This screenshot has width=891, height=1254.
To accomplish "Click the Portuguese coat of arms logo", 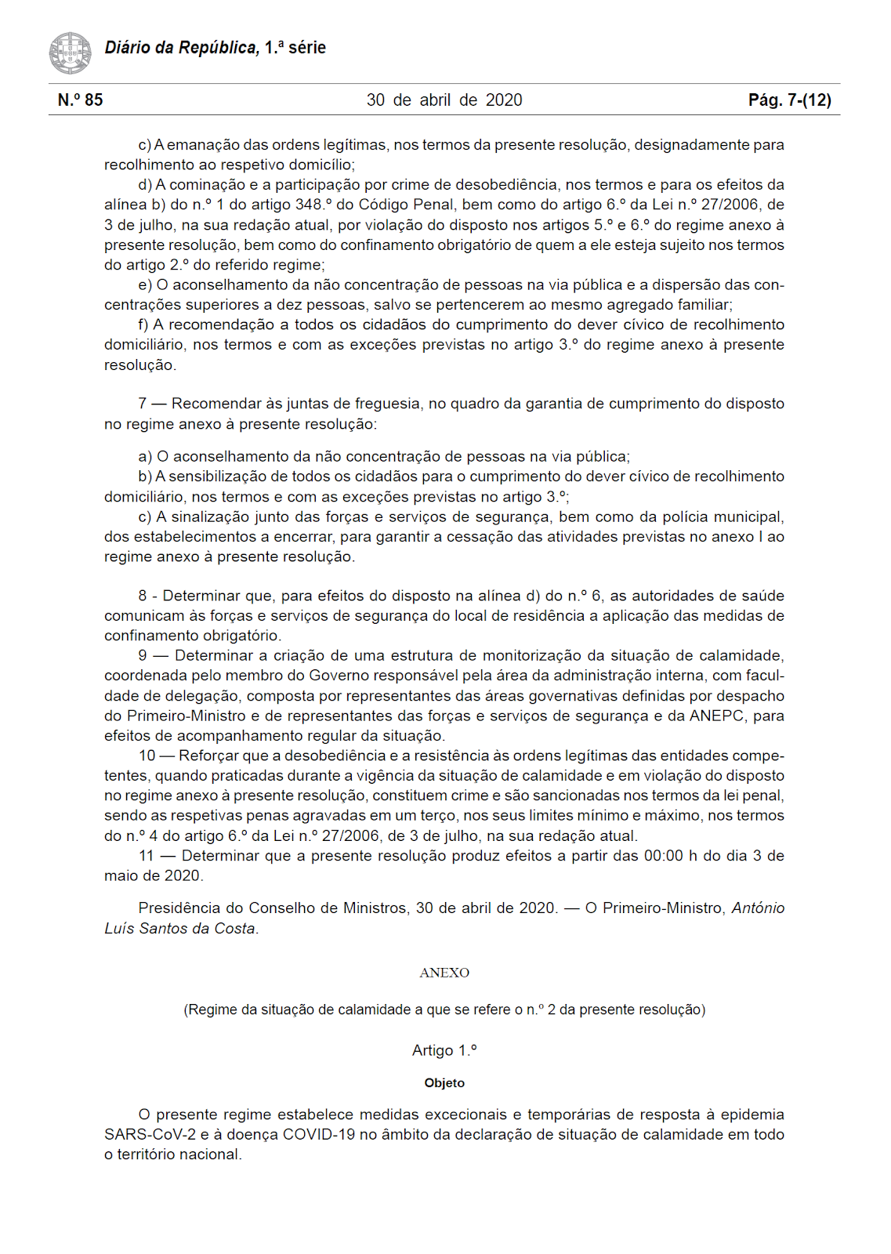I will pos(70,53).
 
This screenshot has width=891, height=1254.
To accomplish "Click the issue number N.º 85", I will pos(80,100).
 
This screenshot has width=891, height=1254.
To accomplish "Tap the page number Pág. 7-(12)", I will pos(789,100).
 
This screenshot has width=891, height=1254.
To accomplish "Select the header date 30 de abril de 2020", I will pos(444,100).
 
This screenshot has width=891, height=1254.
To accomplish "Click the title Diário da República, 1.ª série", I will pos(215,48).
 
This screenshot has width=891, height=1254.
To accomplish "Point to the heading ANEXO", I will pos(444,973).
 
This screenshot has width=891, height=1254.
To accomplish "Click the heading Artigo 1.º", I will pos(444,1050).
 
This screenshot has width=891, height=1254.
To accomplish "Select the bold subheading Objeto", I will pos(444,1083).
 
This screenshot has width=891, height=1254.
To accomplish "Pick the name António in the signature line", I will pos(758,908).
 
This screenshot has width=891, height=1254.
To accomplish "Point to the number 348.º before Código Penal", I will pos(310,205).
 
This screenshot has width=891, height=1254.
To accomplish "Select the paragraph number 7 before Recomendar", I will pos(143,404).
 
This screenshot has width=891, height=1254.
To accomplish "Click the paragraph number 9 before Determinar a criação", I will pos(143,655).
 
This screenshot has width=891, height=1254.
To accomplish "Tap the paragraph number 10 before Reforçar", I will pos(147,756).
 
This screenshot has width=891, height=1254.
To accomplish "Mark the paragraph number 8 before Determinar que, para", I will pos(143,596).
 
